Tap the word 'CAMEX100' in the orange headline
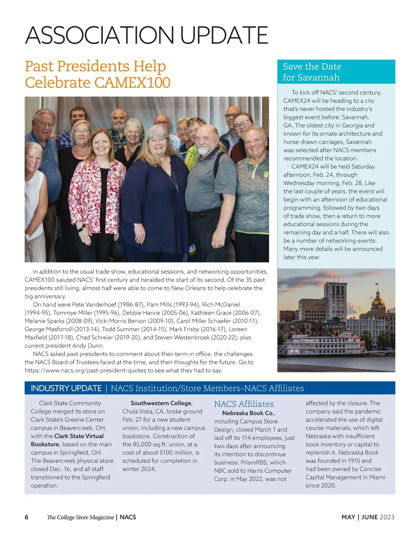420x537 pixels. (x=132, y=83)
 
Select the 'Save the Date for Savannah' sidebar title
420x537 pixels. (x=312, y=72)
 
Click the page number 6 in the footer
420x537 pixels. (x=27, y=517)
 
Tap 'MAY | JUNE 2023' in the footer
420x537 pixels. (x=368, y=517)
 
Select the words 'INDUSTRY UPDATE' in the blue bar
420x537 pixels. (x=66, y=388)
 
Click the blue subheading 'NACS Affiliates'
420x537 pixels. (x=244, y=404)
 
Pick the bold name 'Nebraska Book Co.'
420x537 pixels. (x=248, y=413)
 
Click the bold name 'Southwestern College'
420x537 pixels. (x=161, y=403)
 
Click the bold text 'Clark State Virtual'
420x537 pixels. (x=79, y=436)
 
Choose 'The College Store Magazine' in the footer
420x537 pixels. (x=80, y=517)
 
